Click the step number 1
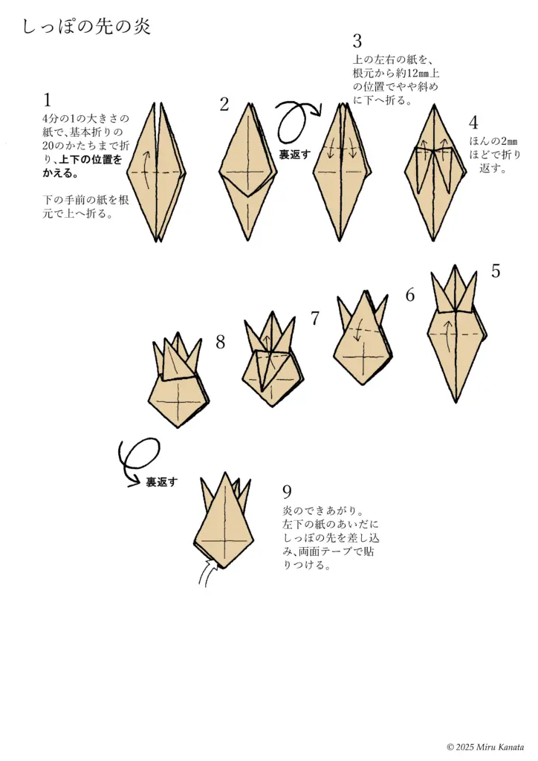(x=48, y=100)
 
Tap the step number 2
(x=224, y=105)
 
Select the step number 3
(x=357, y=42)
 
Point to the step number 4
(x=473, y=123)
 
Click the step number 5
(x=496, y=271)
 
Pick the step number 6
(x=410, y=295)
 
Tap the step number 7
(x=315, y=318)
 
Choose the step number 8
(x=221, y=342)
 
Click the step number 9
(x=288, y=491)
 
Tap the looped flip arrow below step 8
(x=140, y=459)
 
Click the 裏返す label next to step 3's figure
(x=294, y=155)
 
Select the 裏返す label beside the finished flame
(x=161, y=482)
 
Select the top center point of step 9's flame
(x=224, y=473)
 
